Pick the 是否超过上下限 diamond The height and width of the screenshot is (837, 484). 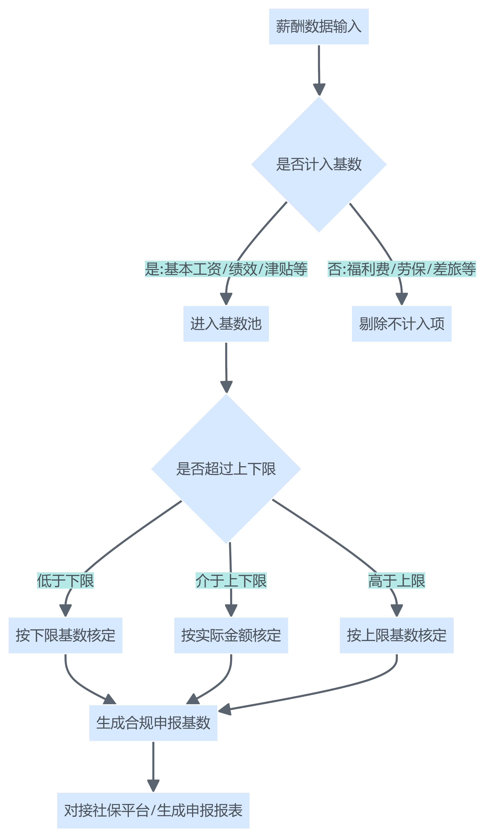coord(226,469)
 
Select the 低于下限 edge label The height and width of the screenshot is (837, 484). coord(65,580)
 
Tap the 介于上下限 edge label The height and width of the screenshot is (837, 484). coord(231,580)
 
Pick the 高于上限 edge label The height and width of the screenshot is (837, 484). coord(396,580)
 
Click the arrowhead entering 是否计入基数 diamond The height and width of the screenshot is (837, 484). coord(319,90)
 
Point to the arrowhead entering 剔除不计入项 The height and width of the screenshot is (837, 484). coord(401,299)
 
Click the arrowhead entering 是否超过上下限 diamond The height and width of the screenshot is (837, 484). coord(226,387)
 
